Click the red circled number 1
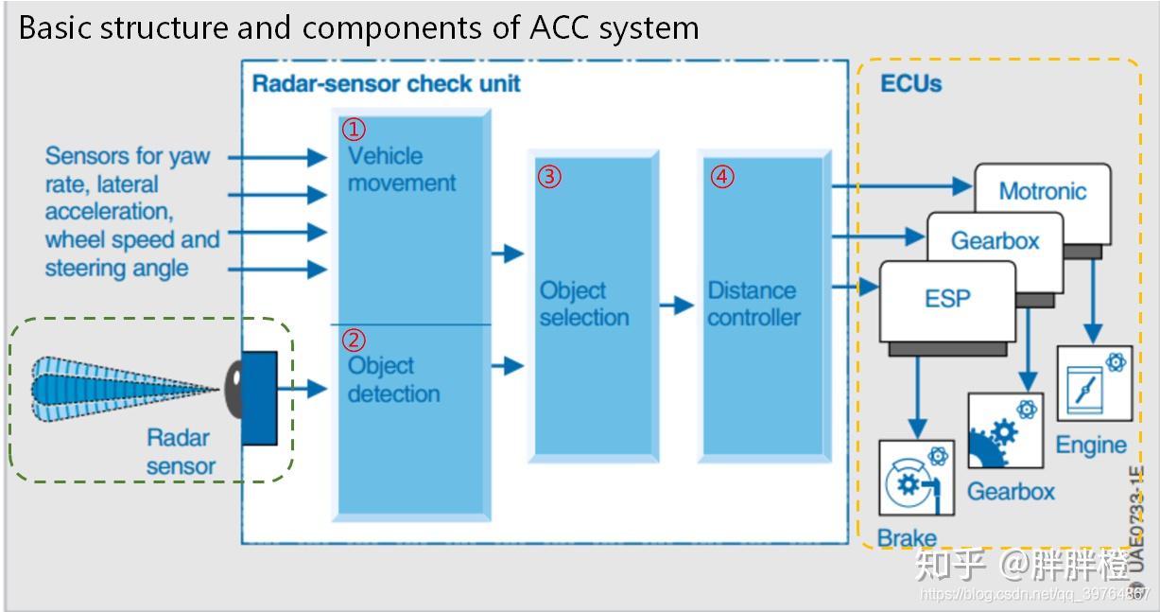352,129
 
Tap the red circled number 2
352,340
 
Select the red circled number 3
549,177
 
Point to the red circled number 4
721,177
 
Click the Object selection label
583,304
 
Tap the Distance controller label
753,304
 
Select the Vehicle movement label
401,169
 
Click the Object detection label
393,379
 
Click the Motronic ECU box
1042,191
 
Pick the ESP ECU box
946,300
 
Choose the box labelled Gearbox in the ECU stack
994,240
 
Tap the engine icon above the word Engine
1094,384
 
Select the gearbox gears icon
1004,431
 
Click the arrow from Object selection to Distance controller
677,306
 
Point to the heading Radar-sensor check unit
386,83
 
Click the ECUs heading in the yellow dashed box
910,83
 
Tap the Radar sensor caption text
179,451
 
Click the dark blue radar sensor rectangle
260,397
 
